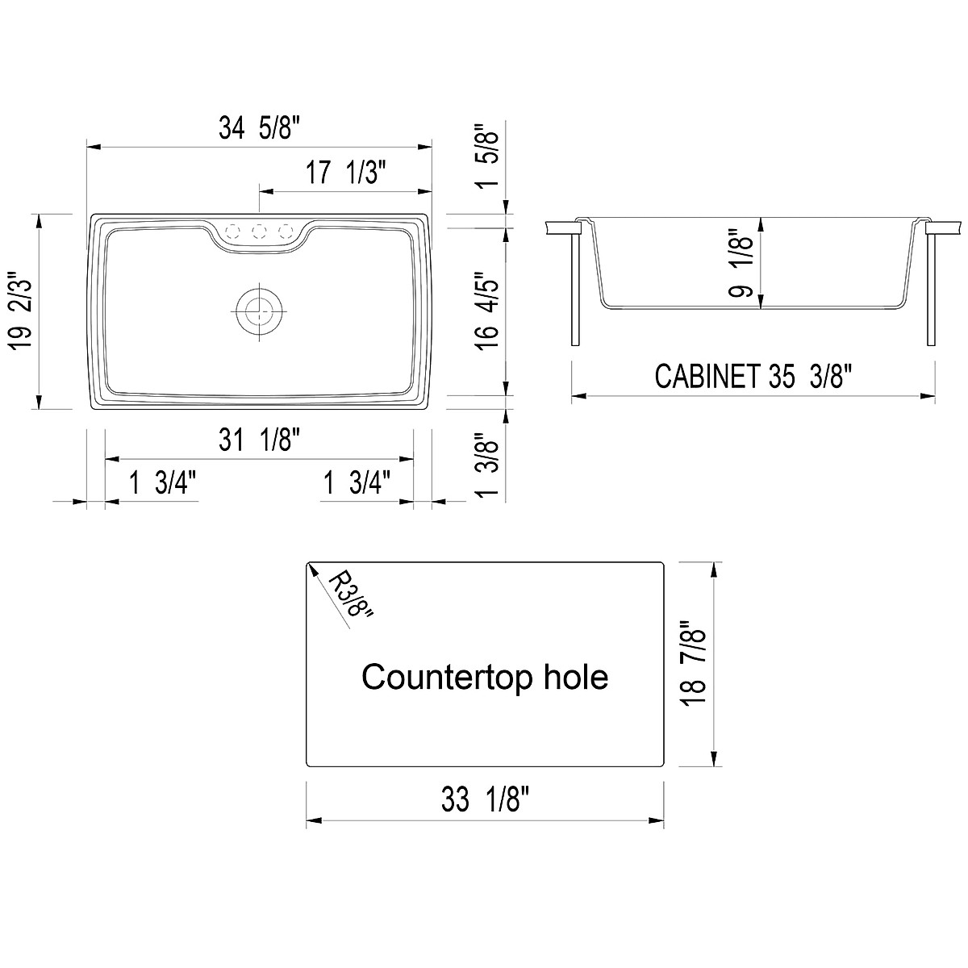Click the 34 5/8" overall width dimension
[x=259, y=129]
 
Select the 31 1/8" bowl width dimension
[x=259, y=440]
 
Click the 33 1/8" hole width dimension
[x=485, y=801]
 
